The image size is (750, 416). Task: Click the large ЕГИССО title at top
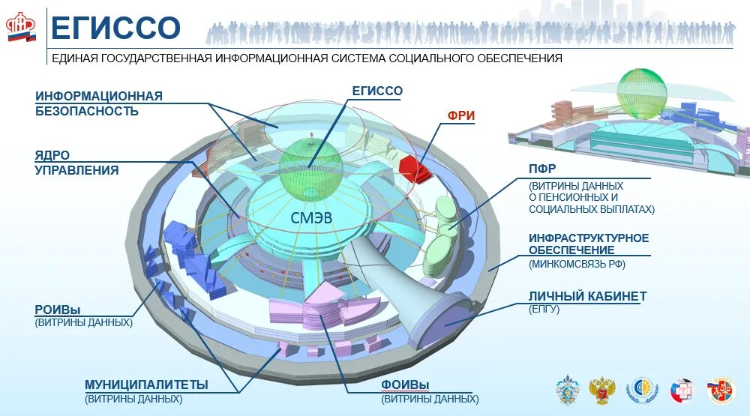click(x=115, y=28)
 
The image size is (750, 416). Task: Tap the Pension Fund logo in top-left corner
click(x=21, y=28)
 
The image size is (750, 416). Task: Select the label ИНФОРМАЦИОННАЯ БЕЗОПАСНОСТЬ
click(x=98, y=103)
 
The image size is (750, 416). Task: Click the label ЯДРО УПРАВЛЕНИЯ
click(x=76, y=163)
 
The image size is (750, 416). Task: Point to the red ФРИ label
click(x=461, y=115)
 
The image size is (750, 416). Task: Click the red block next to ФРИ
click(x=412, y=169)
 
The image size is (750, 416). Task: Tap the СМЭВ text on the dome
click(x=310, y=218)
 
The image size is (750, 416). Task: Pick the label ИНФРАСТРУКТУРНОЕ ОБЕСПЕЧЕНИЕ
click(x=589, y=244)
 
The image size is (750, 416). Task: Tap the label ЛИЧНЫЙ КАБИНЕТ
click(x=587, y=296)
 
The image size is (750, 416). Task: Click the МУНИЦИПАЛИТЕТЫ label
click(x=146, y=385)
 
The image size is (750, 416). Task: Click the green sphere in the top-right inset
click(x=641, y=94)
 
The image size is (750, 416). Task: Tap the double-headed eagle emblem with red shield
click(x=601, y=391)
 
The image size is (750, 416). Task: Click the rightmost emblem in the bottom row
click(x=721, y=391)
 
